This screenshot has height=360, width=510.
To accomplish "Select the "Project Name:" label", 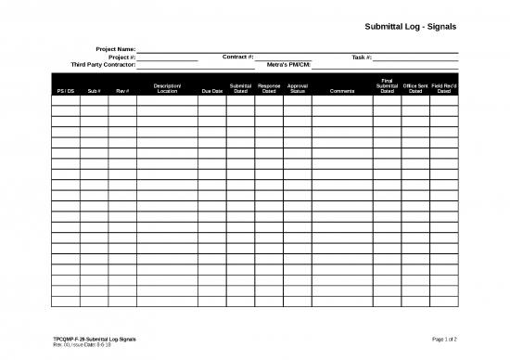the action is coord(116,48).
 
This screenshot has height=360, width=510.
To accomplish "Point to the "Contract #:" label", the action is coord(238,57).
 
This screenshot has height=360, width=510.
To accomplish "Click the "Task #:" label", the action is coord(362,57).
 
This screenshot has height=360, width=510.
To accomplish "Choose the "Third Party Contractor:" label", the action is coord(104,65).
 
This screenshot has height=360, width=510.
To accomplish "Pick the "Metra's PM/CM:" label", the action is coord(288,65).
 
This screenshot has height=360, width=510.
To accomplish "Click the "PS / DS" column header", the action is coord(65,91).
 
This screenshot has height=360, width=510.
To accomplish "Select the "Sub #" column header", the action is coord(94,91).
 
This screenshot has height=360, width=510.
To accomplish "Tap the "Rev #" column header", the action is coord(122,91).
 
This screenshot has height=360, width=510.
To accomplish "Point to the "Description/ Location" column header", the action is coord(167,88).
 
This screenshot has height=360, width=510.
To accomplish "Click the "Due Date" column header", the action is coord(211,91).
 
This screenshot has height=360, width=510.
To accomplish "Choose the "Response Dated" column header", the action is coord(269,88).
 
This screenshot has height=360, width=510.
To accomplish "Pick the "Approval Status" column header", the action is coord(298,88).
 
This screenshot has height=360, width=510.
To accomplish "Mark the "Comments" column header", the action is coord(341,91).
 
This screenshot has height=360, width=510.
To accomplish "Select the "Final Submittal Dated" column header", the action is coord(387,86).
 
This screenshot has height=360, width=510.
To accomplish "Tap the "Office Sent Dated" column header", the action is coord(415,88).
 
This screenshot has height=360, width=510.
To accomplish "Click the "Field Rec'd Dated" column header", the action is coord(444,88).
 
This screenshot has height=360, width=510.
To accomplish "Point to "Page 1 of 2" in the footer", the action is coord(444,341).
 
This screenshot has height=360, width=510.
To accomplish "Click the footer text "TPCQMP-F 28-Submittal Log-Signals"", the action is coord(95,341).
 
